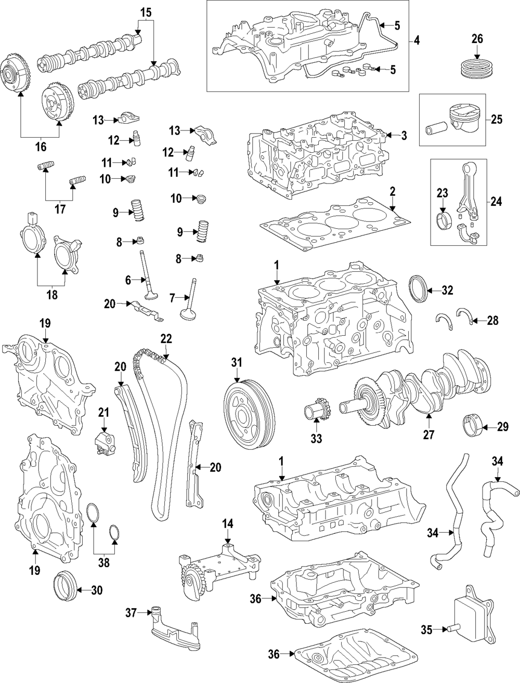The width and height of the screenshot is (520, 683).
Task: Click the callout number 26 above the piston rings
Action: (477, 38)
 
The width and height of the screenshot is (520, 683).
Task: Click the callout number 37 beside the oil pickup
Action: (130, 613)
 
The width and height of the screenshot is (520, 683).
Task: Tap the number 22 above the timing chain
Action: (165, 338)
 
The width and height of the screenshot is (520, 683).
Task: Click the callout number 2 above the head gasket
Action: (393, 191)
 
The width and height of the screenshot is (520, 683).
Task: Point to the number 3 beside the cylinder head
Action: (404, 136)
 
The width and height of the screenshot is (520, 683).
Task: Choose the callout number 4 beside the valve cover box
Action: (417, 40)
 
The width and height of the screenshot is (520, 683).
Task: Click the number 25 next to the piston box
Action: (497, 120)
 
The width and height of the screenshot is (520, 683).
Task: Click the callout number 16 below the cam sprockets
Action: (41, 147)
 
